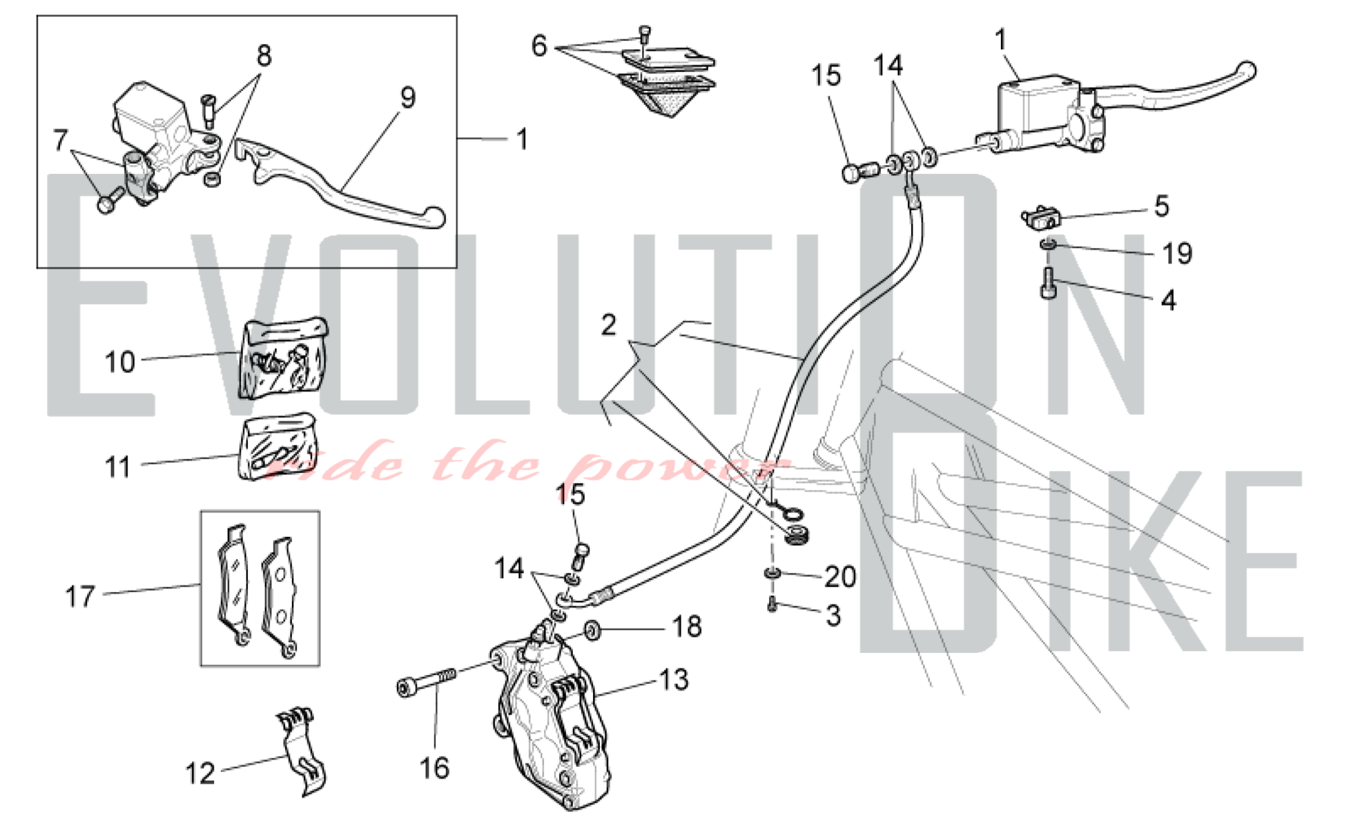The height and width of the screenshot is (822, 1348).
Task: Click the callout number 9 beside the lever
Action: pyautogui.click(x=408, y=98)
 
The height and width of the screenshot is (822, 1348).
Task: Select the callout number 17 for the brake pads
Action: pyautogui.click(x=80, y=596)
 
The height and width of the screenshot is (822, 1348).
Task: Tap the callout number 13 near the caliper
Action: pyautogui.click(x=673, y=680)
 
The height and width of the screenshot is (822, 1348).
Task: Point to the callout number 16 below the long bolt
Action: pyautogui.click(x=434, y=768)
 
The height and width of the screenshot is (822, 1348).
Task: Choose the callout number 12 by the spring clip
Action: pyautogui.click(x=200, y=773)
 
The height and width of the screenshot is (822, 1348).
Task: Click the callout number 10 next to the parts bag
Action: pyautogui.click(x=120, y=362)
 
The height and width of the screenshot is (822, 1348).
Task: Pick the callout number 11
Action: pyautogui.click(x=118, y=467)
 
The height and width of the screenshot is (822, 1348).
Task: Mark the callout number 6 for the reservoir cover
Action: pyautogui.click(x=539, y=46)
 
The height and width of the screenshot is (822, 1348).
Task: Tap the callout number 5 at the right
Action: pyautogui.click(x=1161, y=206)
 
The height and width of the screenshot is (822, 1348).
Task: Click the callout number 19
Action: pyautogui.click(x=1177, y=253)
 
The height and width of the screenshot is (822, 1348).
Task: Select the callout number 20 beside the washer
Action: pyautogui.click(x=840, y=577)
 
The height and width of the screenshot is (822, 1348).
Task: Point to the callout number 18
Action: pyautogui.click(x=687, y=627)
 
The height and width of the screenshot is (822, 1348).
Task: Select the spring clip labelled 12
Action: pyautogui.click(x=301, y=751)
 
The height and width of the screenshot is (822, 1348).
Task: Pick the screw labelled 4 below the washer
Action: pyautogui.click(x=1048, y=283)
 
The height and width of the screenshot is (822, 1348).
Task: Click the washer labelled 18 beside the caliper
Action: pyautogui.click(x=592, y=631)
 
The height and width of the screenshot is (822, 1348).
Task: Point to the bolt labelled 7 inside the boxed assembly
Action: pyautogui.click(x=110, y=199)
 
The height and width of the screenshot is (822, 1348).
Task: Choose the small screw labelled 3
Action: pyautogui.click(x=772, y=605)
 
